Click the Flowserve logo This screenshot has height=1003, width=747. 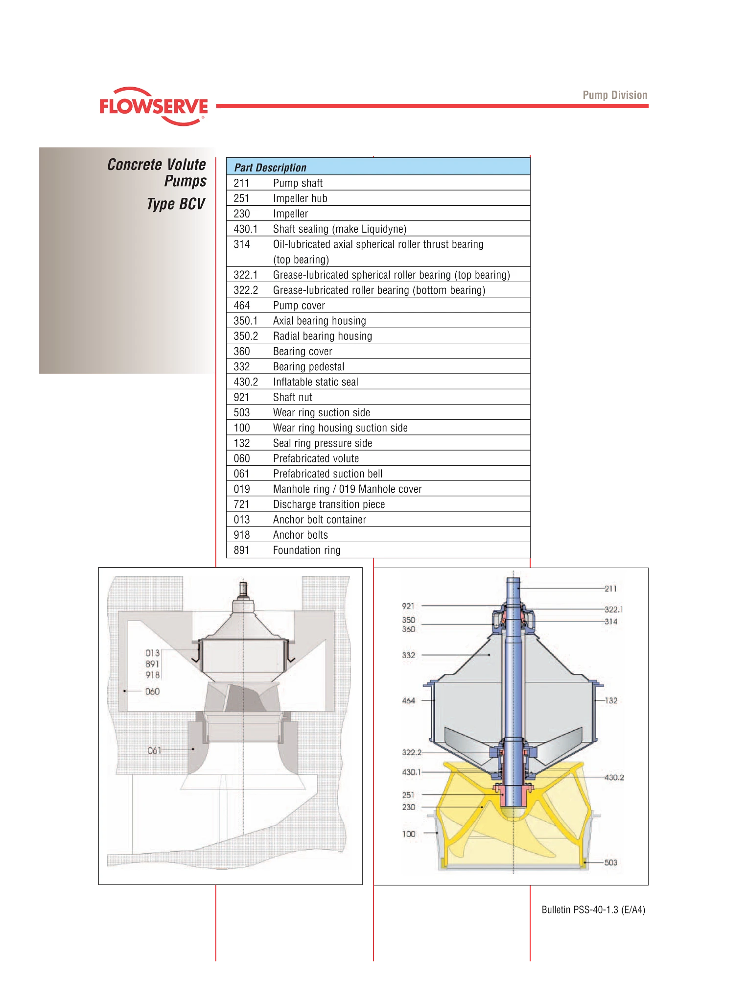click(x=154, y=106)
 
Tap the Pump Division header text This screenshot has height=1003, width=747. click(x=615, y=95)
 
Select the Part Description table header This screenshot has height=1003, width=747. click(x=270, y=167)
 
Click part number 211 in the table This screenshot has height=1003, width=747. click(x=242, y=183)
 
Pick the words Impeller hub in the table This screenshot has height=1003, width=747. click(x=300, y=198)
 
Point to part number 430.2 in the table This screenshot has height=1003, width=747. click(x=246, y=382)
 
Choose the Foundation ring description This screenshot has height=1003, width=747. click(x=307, y=550)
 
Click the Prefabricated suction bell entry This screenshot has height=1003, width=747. click(x=328, y=474)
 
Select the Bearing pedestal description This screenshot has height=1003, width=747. click(x=309, y=367)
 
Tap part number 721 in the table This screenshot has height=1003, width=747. click(x=242, y=504)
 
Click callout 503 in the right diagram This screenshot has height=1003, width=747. click(x=611, y=862)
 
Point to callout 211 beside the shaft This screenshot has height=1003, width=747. click(x=610, y=589)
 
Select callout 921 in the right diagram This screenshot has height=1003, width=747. click(x=408, y=606)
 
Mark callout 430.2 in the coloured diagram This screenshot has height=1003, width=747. click(x=614, y=777)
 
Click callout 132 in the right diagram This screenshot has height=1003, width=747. click(x=611, y=700)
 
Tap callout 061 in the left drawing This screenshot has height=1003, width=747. click(x=154, y=750)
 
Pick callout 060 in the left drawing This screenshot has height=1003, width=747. click(x=152, y=692)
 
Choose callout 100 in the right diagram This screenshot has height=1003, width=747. click(x=409, y=834)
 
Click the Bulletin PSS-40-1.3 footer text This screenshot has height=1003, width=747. click(x=593, y=910)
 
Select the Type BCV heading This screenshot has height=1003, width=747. click(x=176, y=204)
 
